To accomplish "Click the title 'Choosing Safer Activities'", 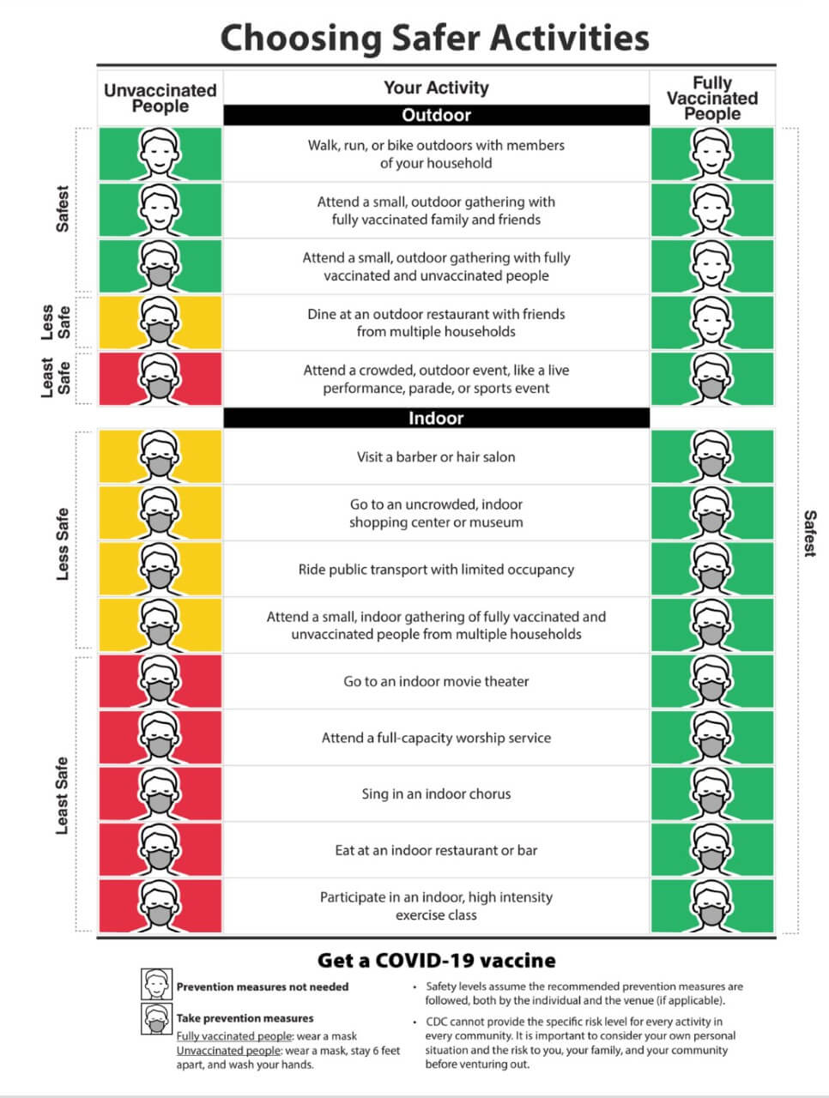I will pyautogui.click(x=434, y=38).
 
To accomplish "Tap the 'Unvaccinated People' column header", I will pyautogui.click(x=160, y=98).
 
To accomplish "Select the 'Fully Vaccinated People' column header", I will pyautogui.click(x=712, y=98).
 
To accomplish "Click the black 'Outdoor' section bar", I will pyautogui.click(x=436, y=115).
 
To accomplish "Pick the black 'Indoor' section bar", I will pyautogui.click(x=436, y=418).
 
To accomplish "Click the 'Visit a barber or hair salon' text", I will pyautogui.click(x=436, y=457).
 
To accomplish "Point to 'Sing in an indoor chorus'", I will pyautogui.click(x=436, y=794).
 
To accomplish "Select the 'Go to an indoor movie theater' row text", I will pyautogui.click(x=436, y=682).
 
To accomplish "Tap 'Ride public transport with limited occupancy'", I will pyautogui.click(x=436, y=570).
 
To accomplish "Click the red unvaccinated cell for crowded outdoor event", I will pyautogui.click(x=160, y=378).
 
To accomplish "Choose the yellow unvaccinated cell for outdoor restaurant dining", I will pyautogui.click(x=160, y=323).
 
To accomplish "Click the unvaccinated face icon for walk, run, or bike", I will pyautogui.click(x=160, y=154).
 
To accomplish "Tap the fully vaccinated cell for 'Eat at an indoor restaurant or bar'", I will pyautogui.click(x=712, y=850).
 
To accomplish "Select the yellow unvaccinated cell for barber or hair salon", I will pyautogui.click(x=160, y=457).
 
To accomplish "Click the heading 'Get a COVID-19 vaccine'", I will pyautogui.click(x=436, y=961).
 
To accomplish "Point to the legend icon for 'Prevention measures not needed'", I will pyautogui.click(x=156, y=984).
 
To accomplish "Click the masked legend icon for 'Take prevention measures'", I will pyautogui.click(x=156, y=1019).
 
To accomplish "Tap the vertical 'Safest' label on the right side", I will pyautogui.click(x=809, y=533).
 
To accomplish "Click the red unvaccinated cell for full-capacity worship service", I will pyautogui.click(x=160, y=738).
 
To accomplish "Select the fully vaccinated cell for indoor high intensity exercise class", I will pyautogui.click(x=712, y=906).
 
